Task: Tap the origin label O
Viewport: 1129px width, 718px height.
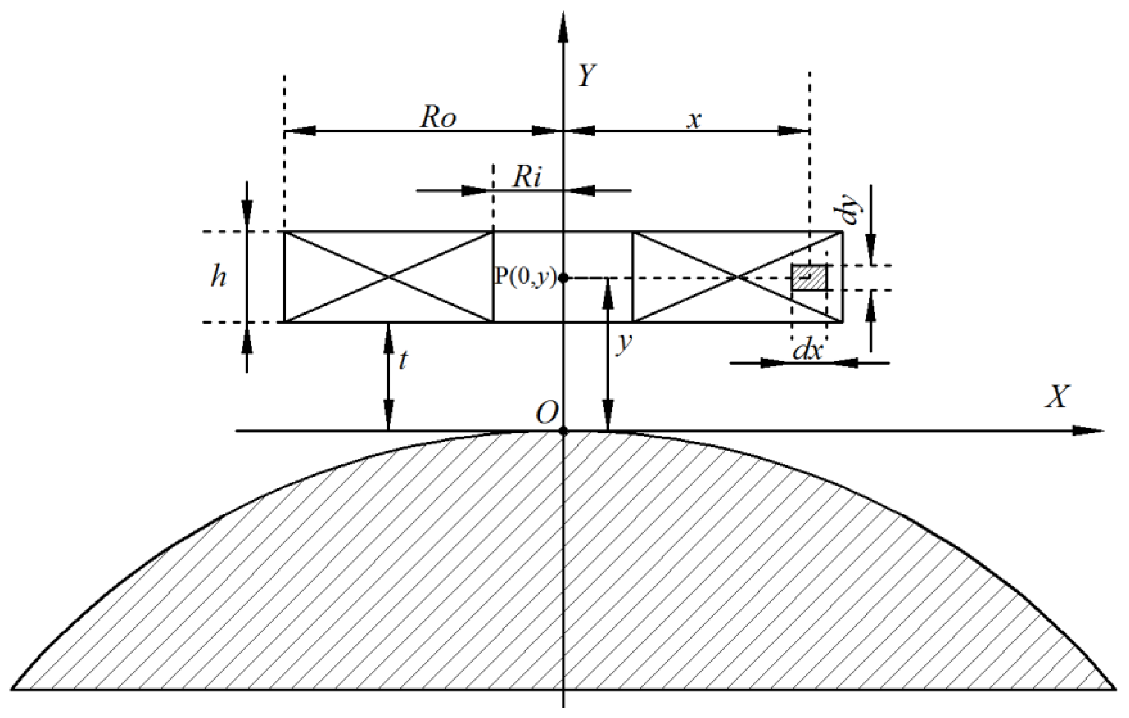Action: (547, 413)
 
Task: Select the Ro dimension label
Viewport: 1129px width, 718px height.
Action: (437, 117)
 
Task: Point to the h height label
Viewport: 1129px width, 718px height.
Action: (219, 277)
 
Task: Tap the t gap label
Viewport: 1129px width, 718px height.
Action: (402, 360)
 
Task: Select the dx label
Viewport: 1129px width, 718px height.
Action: (807, 350)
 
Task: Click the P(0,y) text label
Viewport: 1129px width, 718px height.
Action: (526, 277)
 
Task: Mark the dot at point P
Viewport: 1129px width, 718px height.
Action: (564, 278)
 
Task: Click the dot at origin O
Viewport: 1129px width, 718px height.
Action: (564, 431)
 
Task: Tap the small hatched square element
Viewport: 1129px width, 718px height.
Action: (809, 277)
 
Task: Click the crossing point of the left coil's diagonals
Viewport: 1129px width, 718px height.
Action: (389, 277)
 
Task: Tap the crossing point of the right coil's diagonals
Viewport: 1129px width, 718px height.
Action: (738, 277)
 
